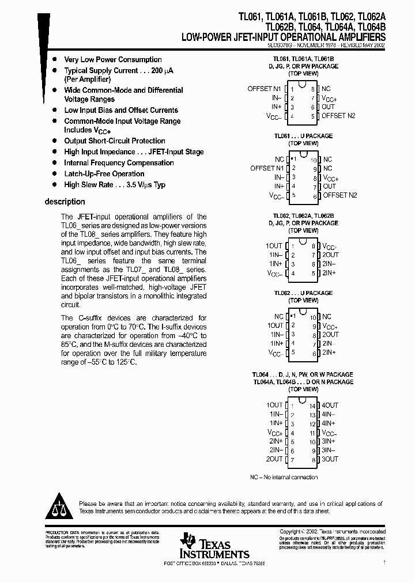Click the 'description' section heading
pos(65,202)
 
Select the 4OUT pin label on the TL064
pos(330,405)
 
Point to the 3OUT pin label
pos(330,459)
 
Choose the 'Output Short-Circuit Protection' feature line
pos(115,141)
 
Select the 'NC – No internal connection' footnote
pos(284,477)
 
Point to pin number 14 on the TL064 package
pos(312,406)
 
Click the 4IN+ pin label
pos(329,423)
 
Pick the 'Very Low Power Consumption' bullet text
pos(113,59)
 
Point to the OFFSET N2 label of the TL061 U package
pos(339,195)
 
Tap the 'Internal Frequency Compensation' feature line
pos(119,162)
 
